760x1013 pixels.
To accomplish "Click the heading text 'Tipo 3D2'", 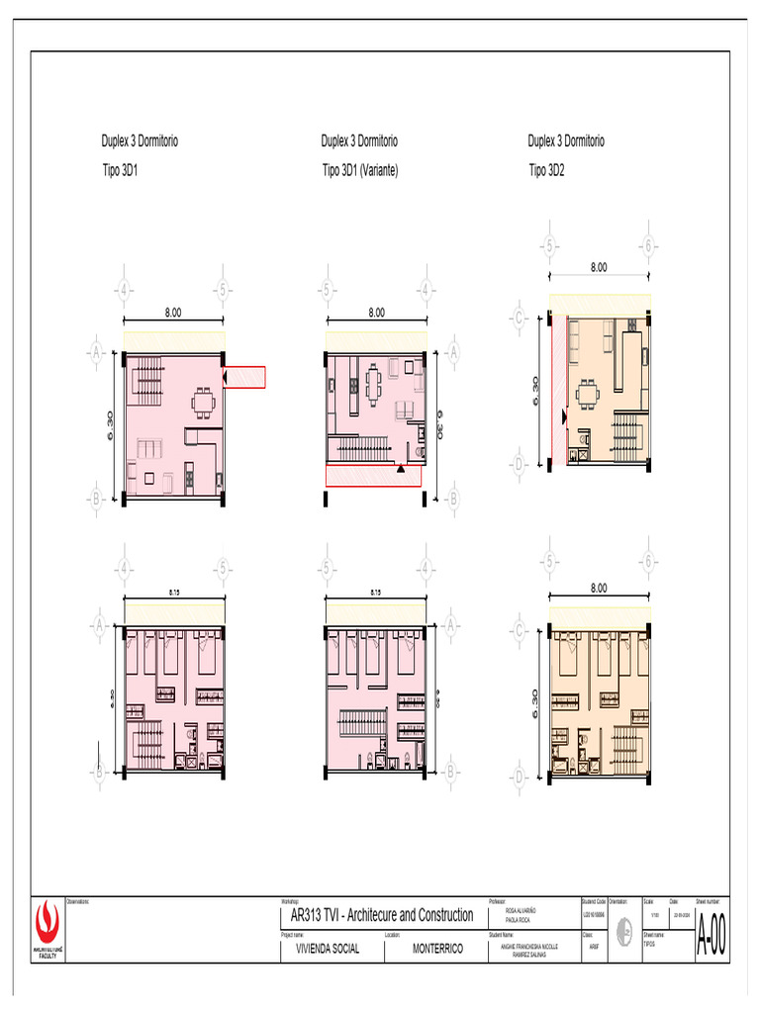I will [546, 170].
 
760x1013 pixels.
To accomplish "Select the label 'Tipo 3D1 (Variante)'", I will [360, 170].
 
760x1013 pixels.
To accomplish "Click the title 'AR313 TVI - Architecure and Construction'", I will [378, 915].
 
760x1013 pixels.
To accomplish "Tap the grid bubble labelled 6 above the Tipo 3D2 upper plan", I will [649, 246].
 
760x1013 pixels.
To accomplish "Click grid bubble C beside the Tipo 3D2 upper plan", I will [518, 318].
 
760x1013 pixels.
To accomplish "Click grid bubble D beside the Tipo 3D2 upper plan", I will [518, 462].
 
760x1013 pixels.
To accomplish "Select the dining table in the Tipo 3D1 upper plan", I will [204, 403].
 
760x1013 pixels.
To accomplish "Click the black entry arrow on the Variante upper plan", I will [401, 470].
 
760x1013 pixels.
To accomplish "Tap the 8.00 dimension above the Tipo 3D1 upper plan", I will [173, 313].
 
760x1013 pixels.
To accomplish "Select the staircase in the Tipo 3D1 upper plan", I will [149, 375].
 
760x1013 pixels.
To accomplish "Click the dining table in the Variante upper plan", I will [372, 382].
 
